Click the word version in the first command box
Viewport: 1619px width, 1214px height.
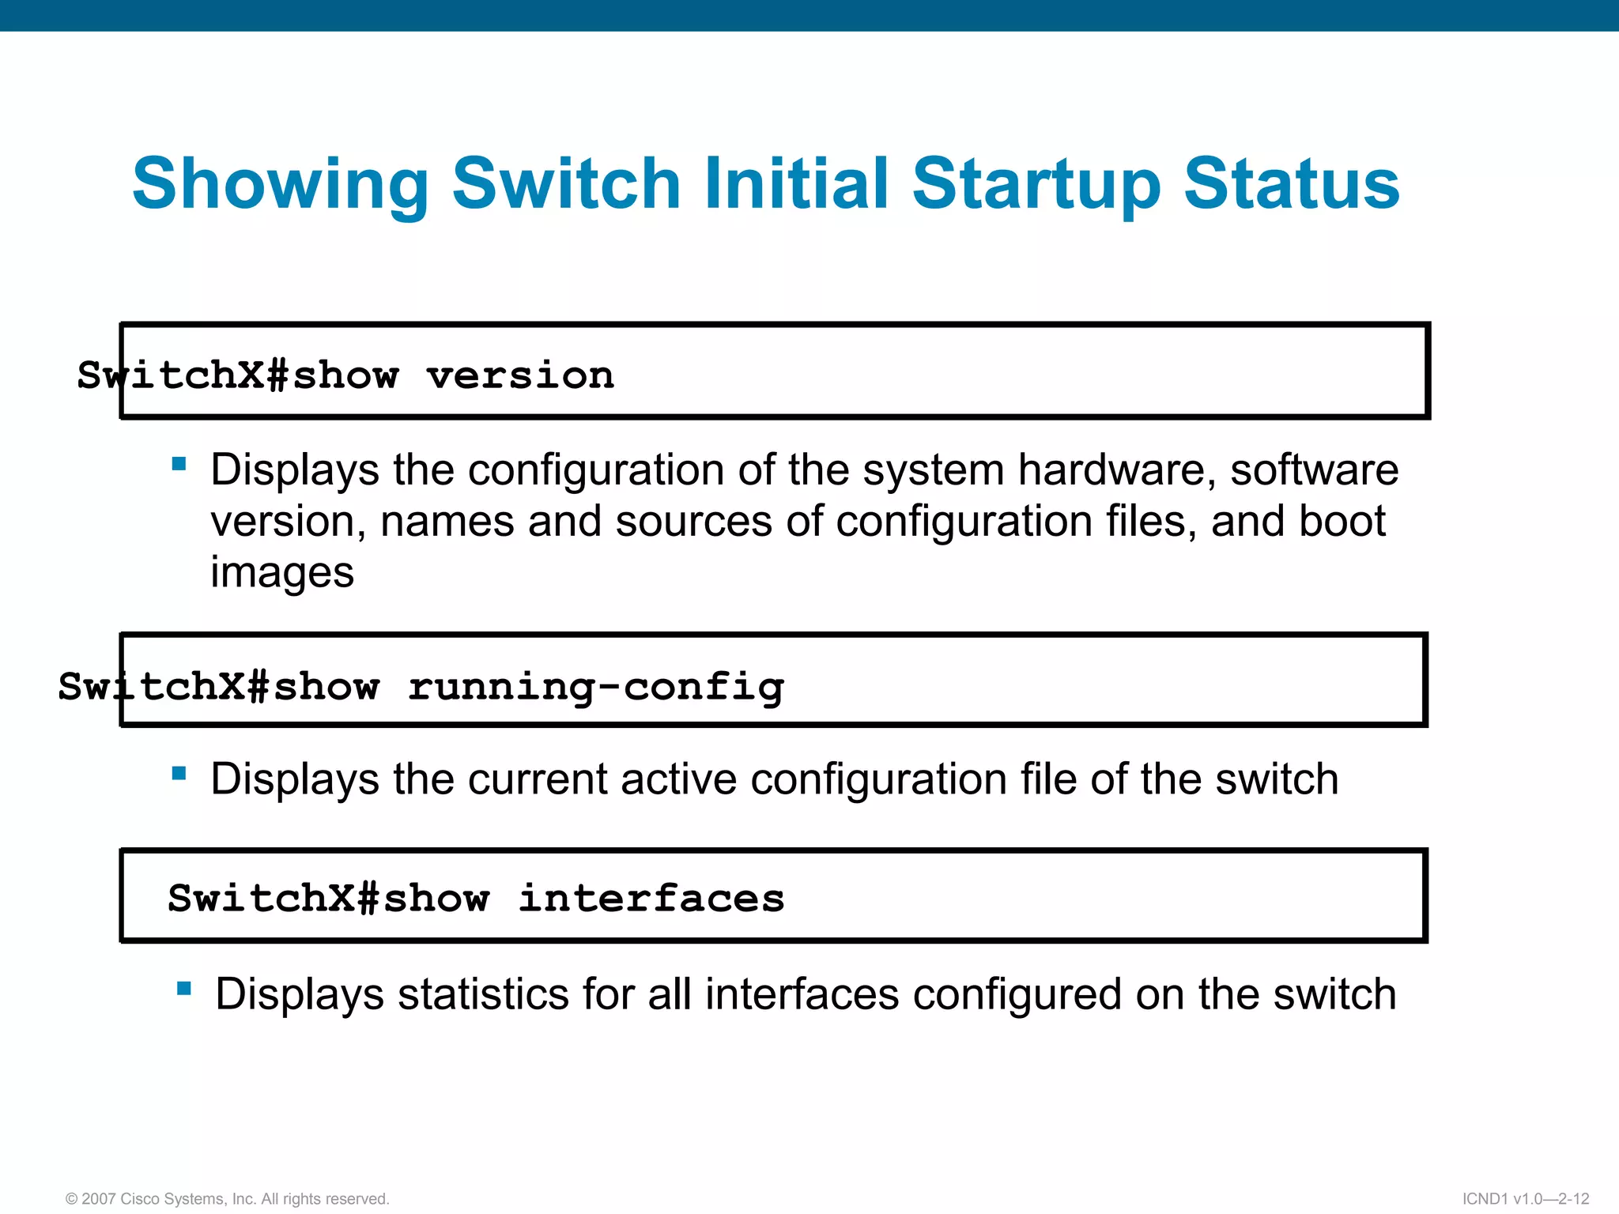(520, 375)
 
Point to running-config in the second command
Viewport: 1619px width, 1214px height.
(595, 686)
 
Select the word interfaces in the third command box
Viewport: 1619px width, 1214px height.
(651, 899)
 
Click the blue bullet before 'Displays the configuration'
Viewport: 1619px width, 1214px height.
(179, 464)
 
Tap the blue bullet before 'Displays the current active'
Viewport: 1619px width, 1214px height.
(179, 773)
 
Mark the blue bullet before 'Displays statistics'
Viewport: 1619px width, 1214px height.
(184, 988)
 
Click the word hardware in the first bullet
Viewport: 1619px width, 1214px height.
(1116, 469)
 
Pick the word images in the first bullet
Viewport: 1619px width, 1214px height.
(281, 572)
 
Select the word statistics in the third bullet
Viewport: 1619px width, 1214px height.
(482, 994)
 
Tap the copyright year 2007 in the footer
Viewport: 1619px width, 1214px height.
(98, 1199)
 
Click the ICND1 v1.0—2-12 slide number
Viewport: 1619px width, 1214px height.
(1525, 1199)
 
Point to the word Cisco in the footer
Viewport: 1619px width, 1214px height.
(139, 1199)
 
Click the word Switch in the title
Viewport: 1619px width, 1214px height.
(566, 184)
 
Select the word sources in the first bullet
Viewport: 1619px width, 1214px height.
(693, 521)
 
